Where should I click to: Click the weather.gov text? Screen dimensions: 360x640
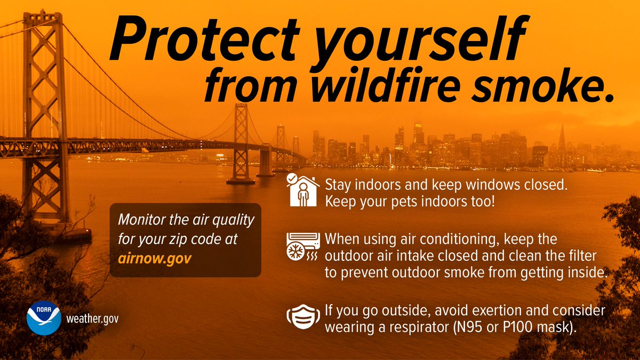(92, 319)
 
